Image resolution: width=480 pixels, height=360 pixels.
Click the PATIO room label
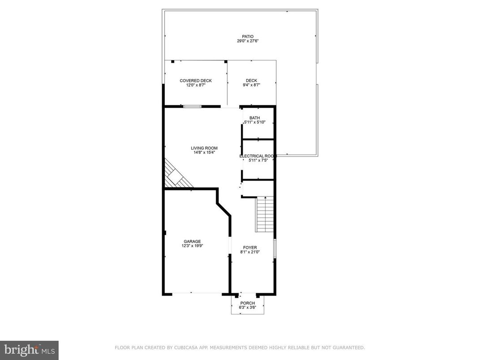[x=248, y=37]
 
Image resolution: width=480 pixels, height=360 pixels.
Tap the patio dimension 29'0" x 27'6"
[x=248, y=41]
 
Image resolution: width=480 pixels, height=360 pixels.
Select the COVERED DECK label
[x=196, y=81]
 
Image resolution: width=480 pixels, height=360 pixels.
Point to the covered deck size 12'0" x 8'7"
[x=196, y=85]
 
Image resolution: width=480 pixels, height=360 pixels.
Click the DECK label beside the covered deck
[x=251, y=81]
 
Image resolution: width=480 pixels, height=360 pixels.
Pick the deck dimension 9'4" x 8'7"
[x=251, y=85]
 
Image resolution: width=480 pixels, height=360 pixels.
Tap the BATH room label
[x=254, y=118]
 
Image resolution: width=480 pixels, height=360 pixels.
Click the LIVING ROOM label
[x=204, y=148]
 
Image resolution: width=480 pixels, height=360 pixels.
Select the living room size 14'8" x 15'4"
[x=204, y=152]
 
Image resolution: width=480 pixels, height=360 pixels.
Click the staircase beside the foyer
[x=264, y=214]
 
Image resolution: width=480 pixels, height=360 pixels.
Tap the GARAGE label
[x=191, y=241]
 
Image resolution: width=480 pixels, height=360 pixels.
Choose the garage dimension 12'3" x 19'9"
[x=191, y=246]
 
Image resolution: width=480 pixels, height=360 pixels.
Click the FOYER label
[x=250, y=248]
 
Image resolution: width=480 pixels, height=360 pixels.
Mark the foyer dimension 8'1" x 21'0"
[x=250, y=252]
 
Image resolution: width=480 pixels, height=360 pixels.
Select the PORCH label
[x=247, y=303]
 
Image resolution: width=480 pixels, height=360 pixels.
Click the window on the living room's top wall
[x=192, y=107]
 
